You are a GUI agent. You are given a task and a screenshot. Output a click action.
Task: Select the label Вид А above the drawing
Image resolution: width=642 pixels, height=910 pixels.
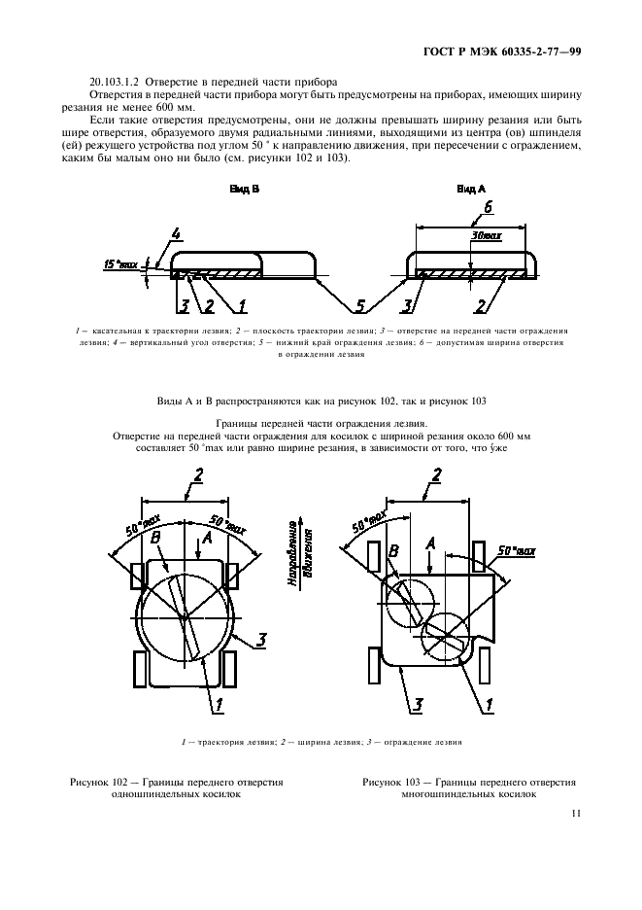(x=471, y=191)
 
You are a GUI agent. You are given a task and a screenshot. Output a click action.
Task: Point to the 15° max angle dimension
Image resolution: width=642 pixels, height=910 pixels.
(x=121, y=263)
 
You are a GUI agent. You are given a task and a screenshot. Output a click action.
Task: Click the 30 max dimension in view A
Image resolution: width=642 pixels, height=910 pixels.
(x=484, y=236)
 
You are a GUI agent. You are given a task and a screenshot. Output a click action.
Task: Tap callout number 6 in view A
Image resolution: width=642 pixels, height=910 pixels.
(x=489, y=207)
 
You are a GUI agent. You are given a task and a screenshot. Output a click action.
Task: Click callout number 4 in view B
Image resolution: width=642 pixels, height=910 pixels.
(x=176, y=234)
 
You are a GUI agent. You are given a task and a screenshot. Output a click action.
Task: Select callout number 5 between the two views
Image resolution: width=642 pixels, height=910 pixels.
(x=360, y=307)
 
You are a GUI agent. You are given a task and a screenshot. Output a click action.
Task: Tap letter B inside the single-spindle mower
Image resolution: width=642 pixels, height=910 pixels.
(x=155, y=536)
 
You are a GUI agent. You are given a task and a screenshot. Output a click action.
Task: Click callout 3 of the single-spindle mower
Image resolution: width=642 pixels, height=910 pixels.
(x=261, y=639)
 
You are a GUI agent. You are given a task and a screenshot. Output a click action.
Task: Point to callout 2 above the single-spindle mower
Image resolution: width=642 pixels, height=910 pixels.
(x=198, y=474)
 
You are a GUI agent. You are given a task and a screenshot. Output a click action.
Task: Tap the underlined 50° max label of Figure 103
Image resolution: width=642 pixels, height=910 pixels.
(x=517, y=551)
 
